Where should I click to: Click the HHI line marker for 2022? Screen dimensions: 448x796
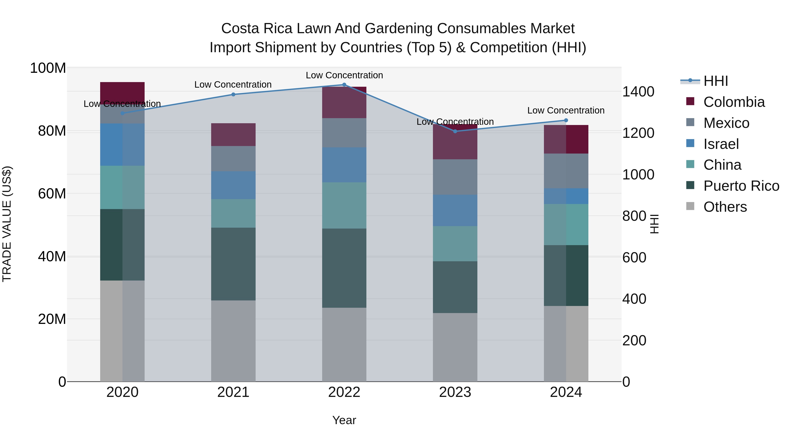click(344, 85)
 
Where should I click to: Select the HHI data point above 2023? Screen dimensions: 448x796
click(455, 131)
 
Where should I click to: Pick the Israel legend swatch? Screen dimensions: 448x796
click(690, 143)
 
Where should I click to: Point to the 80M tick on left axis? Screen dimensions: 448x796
click(52, 131)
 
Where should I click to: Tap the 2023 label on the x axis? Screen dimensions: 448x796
click(455, 392)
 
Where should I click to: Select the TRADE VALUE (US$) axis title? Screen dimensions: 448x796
click(7, 224)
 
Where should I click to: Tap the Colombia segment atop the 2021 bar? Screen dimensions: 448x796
click(233, 135)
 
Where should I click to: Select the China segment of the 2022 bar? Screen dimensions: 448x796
click(344, 205)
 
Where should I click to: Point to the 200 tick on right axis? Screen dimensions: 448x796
click(634, 340)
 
